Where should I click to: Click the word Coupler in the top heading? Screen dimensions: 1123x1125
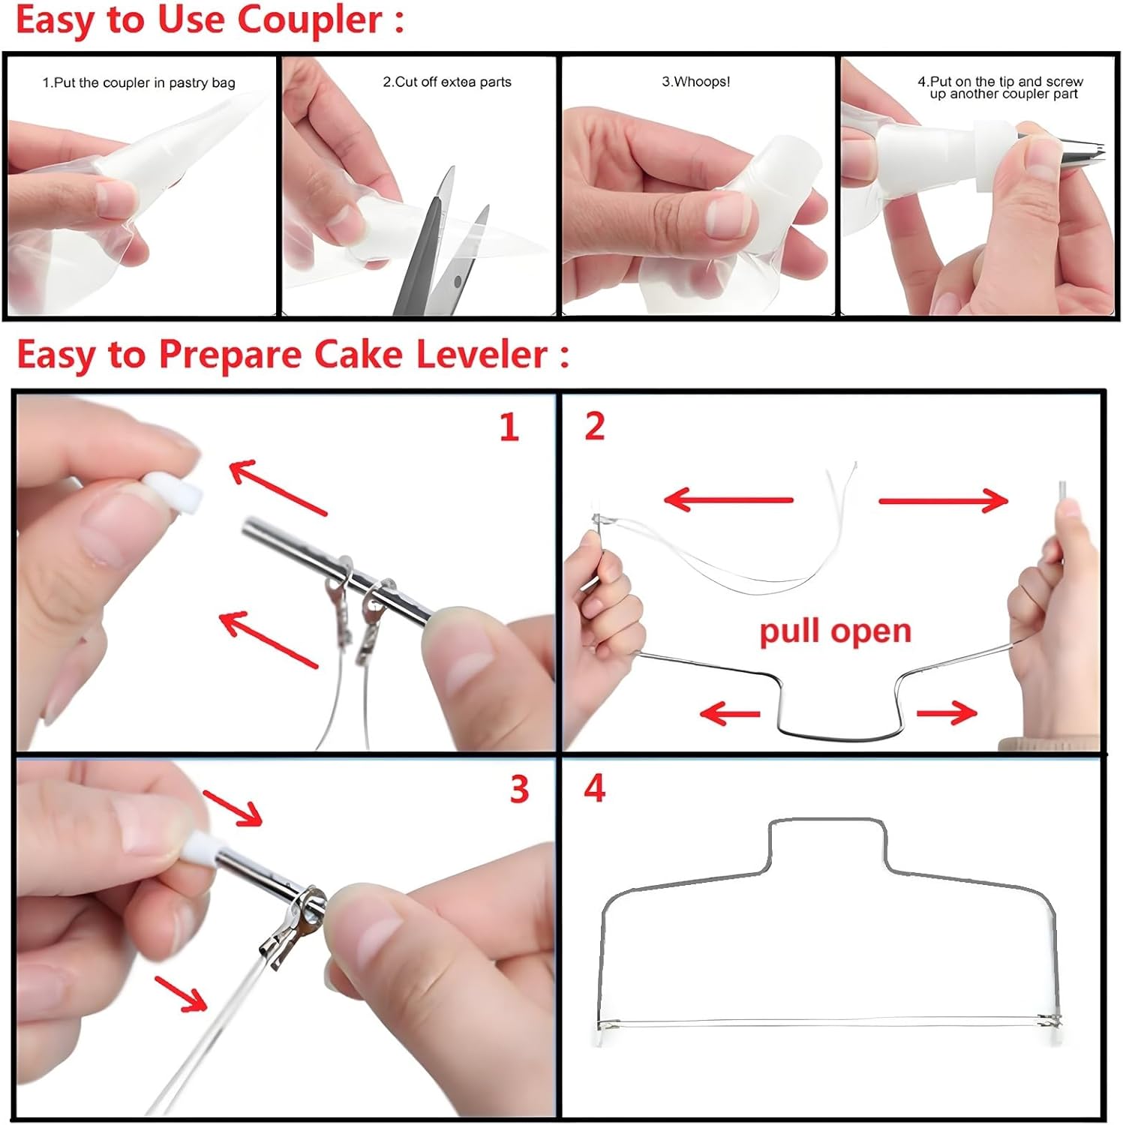coord(310,21)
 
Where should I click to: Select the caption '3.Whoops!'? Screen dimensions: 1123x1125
coord(695,82)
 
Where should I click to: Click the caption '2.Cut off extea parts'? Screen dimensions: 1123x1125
coord(447,82)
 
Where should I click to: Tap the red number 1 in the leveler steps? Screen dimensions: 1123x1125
coord(509,427)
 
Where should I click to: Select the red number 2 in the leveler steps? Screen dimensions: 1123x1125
coord(594,426)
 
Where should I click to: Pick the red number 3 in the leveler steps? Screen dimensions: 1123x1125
coord(519,789)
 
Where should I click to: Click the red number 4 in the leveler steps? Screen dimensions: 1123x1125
coord(594,788)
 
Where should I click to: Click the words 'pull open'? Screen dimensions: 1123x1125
coord(835,631)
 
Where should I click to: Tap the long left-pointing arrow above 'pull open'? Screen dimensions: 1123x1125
coord(728,499)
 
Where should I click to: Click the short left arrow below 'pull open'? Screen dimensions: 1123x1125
coord(730,712)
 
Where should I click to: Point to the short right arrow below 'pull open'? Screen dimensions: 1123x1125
coord(947,713)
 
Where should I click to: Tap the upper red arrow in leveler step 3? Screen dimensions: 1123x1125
coord(233,808)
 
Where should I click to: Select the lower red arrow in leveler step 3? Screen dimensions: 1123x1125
coord(181,994)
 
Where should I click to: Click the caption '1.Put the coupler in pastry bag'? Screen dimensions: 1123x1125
coord(139,83)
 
